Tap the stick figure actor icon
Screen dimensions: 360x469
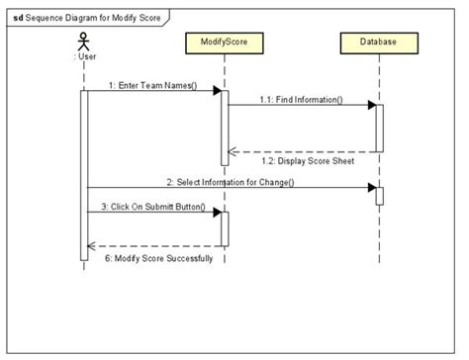pos(84,45)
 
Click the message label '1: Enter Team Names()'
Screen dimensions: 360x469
pos(153,85)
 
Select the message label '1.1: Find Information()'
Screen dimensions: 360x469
pos(301,99)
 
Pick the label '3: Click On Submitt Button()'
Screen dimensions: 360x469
pos(153,207)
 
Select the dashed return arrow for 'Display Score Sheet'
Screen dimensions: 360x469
pos(302,151)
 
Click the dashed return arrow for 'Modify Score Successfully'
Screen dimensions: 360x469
pos(153,245)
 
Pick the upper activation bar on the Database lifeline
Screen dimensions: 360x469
pos(378,128)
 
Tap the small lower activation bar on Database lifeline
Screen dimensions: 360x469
pos(378,195)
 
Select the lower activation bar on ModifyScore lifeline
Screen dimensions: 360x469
pos(225,228)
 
